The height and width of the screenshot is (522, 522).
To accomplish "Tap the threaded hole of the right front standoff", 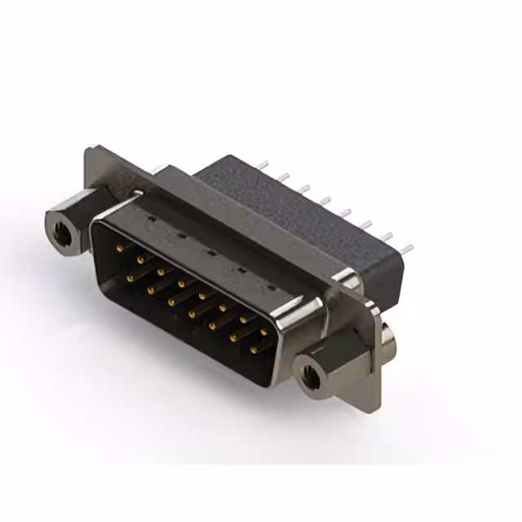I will click(x=311, y=376).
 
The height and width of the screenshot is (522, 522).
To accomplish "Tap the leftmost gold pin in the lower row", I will click(x=130, y=277).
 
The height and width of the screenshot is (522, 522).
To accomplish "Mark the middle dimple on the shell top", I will click(x=210, y=252).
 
